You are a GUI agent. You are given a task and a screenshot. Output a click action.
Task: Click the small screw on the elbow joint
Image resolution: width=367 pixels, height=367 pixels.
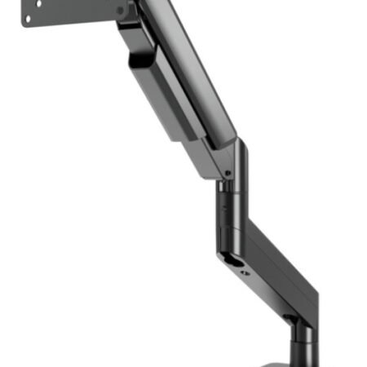(229, 173)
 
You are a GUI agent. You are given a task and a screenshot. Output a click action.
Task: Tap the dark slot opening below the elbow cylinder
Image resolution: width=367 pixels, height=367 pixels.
(233, 263)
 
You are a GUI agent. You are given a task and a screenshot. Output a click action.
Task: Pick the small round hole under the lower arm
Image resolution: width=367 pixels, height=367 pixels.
(245, 273)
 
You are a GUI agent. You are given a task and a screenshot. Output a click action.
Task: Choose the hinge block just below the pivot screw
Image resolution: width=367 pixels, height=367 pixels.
(130, 33)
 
